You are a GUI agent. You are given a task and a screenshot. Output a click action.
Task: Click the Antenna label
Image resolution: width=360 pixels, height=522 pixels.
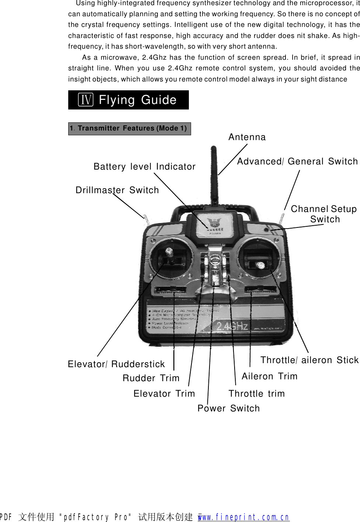click(247, 137)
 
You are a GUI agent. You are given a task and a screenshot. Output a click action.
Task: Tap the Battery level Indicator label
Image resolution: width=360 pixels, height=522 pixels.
click(144, 167)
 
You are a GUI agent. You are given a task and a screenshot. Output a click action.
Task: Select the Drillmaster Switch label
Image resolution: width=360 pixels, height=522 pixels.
click(117, 190)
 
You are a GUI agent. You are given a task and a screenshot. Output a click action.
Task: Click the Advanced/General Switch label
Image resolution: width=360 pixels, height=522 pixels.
click(297, 161)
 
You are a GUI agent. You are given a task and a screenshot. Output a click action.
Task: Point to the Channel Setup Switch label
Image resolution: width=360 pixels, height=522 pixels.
click(324, 214)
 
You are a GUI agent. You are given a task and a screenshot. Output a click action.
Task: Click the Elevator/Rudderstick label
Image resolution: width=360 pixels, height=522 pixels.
click(116, 364)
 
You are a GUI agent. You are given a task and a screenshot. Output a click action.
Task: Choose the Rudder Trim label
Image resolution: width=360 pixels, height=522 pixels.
click(151, 378)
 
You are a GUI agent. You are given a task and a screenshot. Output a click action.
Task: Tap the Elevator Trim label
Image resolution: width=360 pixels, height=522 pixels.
click(164, 394)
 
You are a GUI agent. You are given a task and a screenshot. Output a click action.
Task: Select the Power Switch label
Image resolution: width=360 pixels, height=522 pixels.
click(228, 408)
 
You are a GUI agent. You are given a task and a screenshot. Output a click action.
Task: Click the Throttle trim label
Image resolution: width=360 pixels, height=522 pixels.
click(256, 394)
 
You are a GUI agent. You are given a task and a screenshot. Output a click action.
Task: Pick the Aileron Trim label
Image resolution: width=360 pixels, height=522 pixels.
click(269, 376)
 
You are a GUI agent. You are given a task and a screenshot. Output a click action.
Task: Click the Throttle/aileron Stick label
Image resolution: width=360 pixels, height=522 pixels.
click(309, 360)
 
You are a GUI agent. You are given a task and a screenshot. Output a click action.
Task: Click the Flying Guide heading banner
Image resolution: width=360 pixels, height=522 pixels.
click(128, 100)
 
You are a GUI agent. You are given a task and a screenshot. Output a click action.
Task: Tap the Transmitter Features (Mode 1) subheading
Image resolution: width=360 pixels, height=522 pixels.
click(129, 129)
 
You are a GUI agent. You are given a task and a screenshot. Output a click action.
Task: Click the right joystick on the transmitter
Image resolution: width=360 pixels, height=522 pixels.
click(260, 264)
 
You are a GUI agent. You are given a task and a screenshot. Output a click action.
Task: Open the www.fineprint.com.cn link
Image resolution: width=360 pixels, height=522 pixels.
click(243, 517)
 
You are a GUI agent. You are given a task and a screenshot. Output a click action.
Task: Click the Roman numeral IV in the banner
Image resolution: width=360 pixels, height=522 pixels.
click(86, 100)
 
